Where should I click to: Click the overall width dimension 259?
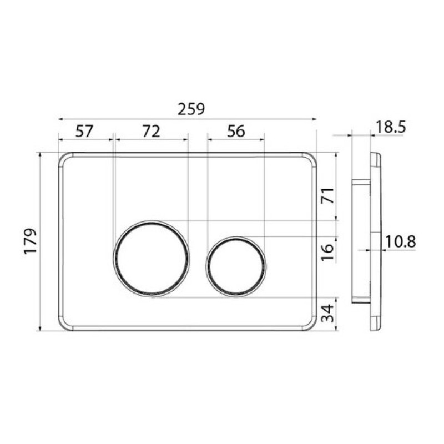pos(191,109)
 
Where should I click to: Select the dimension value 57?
pos(84,132)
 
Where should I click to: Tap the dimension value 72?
pos(151,132)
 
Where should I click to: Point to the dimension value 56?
pos(236,132)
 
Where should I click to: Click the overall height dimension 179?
pos(31,241)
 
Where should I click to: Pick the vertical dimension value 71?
pos(328,195)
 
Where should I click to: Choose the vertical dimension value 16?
pos(328,253)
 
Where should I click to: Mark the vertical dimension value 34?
pos(328,314)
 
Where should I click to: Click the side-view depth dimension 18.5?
pos(391,127)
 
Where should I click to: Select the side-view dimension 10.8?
pos(401,243)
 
